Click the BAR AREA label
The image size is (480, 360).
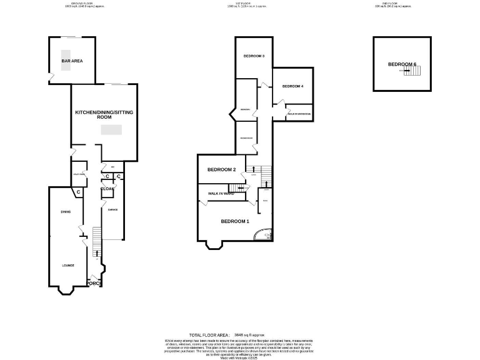point(72,61)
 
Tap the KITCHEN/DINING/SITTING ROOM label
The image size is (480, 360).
point(104,114)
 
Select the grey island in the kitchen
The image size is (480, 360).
point(112,129)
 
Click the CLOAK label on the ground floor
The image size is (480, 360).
point(107,188)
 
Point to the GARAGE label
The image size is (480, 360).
point(113,210)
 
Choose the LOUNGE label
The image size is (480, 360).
point(68,266)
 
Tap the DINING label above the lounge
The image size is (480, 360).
point(66,212)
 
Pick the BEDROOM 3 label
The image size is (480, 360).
point(254,56)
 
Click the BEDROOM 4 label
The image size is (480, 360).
point(292,86)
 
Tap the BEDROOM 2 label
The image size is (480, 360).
point(221,169)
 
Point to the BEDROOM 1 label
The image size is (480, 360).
point(235,221)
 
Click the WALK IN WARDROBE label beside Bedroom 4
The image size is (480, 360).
point(299,113)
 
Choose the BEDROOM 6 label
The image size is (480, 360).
point(402,64)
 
